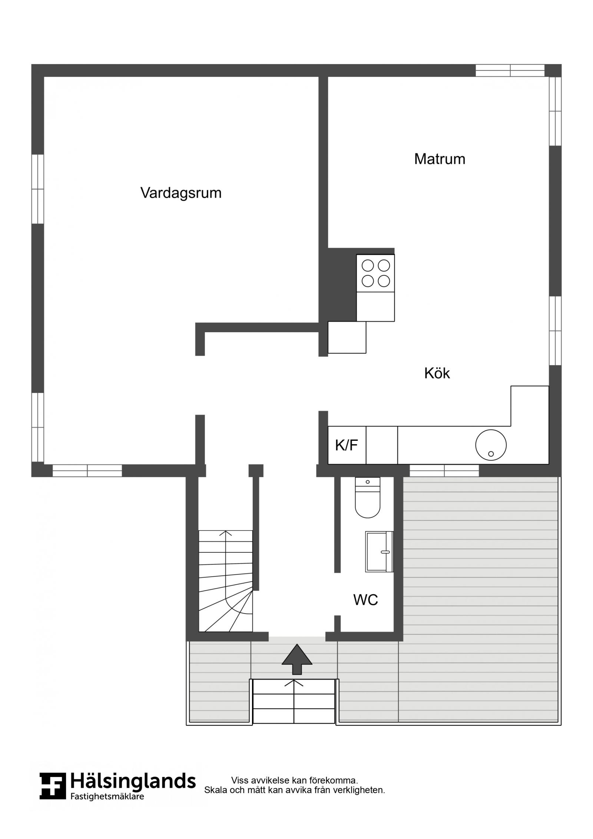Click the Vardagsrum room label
[181, 193]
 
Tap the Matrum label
[440, 159]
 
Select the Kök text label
[437, 373]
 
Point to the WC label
[365, 599]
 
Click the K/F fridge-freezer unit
[347, 445]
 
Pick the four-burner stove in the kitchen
[375, 273]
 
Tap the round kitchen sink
[491, 445]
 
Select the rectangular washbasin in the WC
[379, 552]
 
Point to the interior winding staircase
[226, 581]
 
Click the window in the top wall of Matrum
[510, 70]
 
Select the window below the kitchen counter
[444, 471]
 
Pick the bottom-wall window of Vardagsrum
[87, 471]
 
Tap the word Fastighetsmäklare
[107, 796]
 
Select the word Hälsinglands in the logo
[133, 781]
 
